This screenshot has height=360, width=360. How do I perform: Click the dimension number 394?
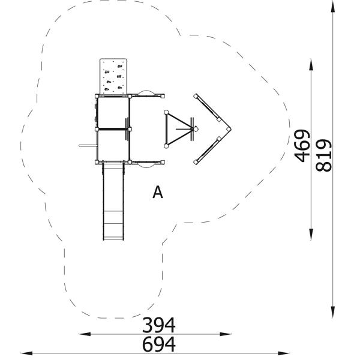pyautogui.click(x=159, y=325)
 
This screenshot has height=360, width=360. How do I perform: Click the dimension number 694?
pyautogui.click(x=159, y=344)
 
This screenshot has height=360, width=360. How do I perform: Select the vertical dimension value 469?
pyautogui.click(x=302, y=146)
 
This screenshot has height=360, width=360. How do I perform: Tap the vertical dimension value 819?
pyautogui.click(x=324, y=155)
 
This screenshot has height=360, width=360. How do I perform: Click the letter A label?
pyautogui.click(x=158, y=193)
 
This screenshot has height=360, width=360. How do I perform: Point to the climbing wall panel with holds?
pyautogui.click(x=113, y=76)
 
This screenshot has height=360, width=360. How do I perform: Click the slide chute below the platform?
pyautogui.click(x=113, y=202)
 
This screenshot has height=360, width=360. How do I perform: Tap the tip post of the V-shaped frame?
pyautogui.click(x=229, y=129)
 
